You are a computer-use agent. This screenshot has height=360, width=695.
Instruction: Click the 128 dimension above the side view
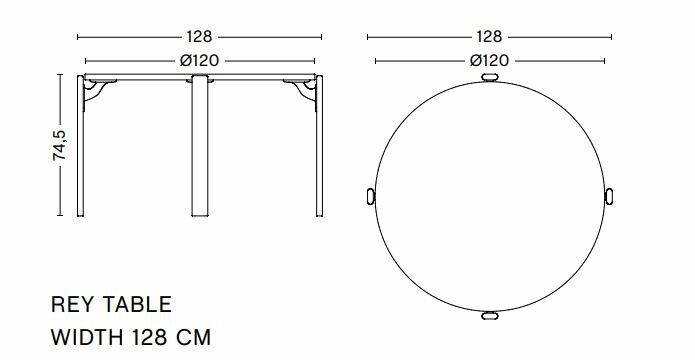pos(199,37)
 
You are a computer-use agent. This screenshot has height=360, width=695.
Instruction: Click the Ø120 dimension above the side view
pos(199,60)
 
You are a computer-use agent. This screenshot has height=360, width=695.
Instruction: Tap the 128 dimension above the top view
pos(489,37)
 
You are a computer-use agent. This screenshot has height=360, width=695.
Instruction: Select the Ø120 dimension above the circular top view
pos(489,60)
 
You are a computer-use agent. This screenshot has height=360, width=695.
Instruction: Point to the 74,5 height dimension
pos(59,145)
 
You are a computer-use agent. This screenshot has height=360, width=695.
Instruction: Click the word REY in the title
pos(73,305)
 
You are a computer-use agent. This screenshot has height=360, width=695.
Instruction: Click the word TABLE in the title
pos(137,305)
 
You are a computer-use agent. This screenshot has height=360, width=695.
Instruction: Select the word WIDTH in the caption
pos(87,337)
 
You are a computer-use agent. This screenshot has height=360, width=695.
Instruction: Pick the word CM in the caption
pos(194,337)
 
